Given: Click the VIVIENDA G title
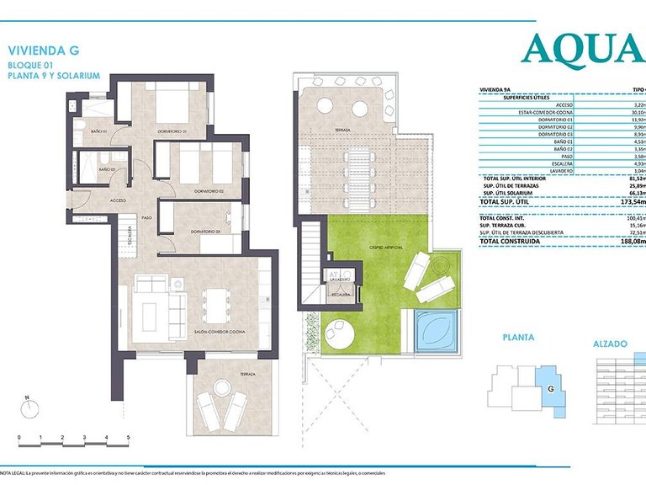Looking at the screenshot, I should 43,49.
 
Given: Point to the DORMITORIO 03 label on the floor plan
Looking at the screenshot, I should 205,232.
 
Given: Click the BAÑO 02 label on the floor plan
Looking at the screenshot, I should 107,170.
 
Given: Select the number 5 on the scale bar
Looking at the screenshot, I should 128,438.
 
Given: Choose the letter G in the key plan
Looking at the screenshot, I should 551,389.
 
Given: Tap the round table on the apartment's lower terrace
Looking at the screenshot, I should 224,387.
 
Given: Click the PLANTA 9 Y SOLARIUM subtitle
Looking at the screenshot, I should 53,75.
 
